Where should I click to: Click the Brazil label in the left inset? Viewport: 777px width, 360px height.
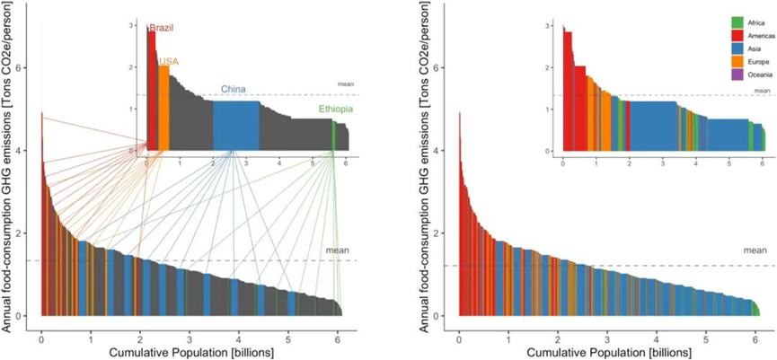point(161,28)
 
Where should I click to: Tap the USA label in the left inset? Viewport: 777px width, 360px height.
point(169,61)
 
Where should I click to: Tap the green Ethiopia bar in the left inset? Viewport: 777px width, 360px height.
point(334,136)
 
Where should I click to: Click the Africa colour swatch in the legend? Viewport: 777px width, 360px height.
point(738,22)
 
